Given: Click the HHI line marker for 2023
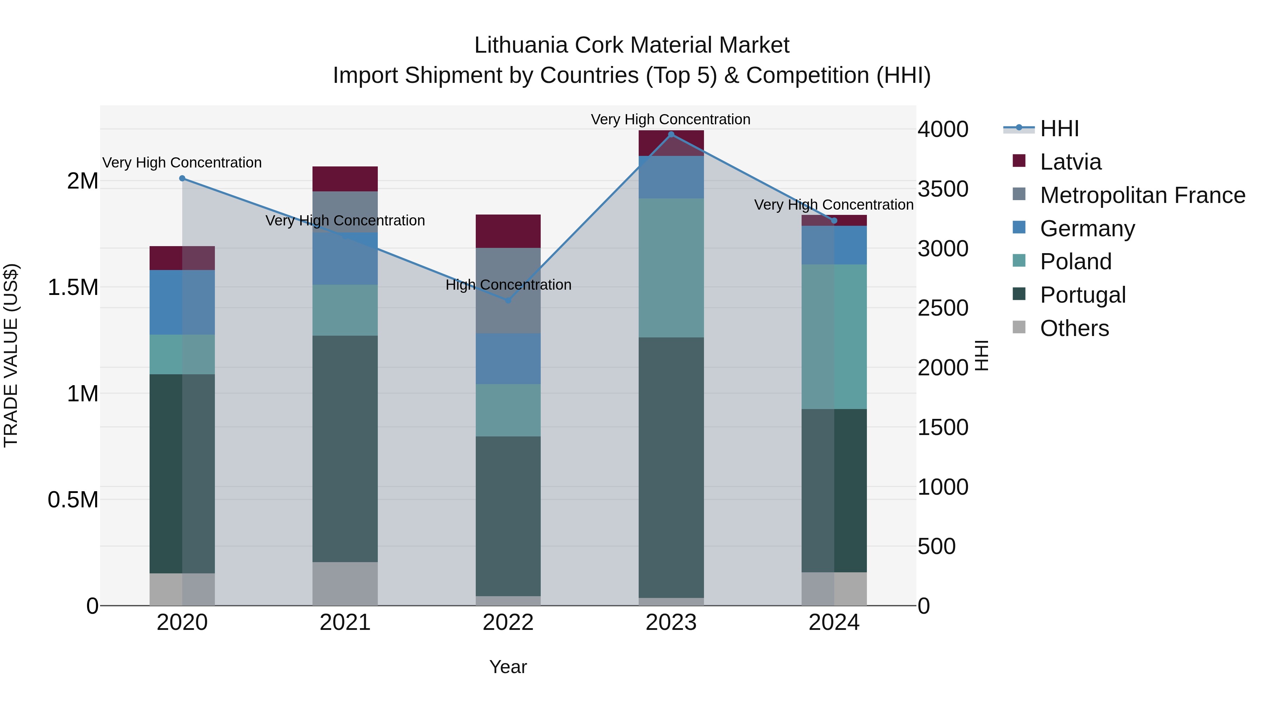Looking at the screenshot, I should pos(671,134).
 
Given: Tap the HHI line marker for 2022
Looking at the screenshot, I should pos(508,300).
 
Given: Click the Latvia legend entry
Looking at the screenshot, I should pos(1070,162).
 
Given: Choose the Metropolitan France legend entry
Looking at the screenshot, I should pos(1142,195).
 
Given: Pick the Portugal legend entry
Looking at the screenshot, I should pos(1082,295).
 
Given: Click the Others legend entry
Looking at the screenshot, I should pos(1074,328).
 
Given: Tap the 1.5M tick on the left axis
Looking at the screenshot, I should pos(73,288).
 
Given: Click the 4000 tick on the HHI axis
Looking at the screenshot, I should pos(943,130).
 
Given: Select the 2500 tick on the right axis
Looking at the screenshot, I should pos(943,308).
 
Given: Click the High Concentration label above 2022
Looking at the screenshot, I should pos(508,285).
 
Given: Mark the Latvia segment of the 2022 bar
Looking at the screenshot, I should pos(508,231).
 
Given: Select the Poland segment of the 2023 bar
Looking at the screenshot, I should pos(671,268).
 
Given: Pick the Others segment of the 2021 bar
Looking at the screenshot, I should pos(345,584).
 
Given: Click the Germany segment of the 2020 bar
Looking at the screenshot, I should pos(182,302).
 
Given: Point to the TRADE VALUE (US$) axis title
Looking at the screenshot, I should pos(11,355).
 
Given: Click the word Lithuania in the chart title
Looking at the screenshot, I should pos(521,45).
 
